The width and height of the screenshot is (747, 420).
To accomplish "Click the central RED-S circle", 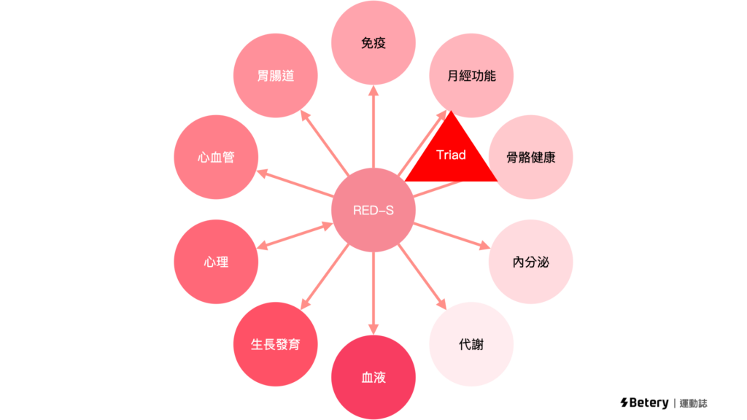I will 373,211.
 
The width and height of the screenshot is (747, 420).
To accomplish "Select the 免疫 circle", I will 373,43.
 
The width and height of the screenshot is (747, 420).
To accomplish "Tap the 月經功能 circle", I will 471,75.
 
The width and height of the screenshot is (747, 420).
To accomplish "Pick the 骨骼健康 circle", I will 530,157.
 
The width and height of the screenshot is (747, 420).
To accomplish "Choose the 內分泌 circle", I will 530,262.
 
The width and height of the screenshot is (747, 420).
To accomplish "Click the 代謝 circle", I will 471,344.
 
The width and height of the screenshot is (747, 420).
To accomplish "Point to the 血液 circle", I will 373,378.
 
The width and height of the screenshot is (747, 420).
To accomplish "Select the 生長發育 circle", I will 275,344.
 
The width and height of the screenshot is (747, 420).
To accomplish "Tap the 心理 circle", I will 216,262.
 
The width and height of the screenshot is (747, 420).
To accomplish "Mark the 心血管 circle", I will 216,157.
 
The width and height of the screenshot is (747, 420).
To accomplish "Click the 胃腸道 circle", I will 275,75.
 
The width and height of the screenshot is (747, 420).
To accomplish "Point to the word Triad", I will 451,155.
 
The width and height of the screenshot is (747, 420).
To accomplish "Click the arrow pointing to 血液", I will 373,292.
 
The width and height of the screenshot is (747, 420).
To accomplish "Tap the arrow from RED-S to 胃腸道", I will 325,143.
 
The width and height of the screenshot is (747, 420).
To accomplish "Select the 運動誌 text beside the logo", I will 693,402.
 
